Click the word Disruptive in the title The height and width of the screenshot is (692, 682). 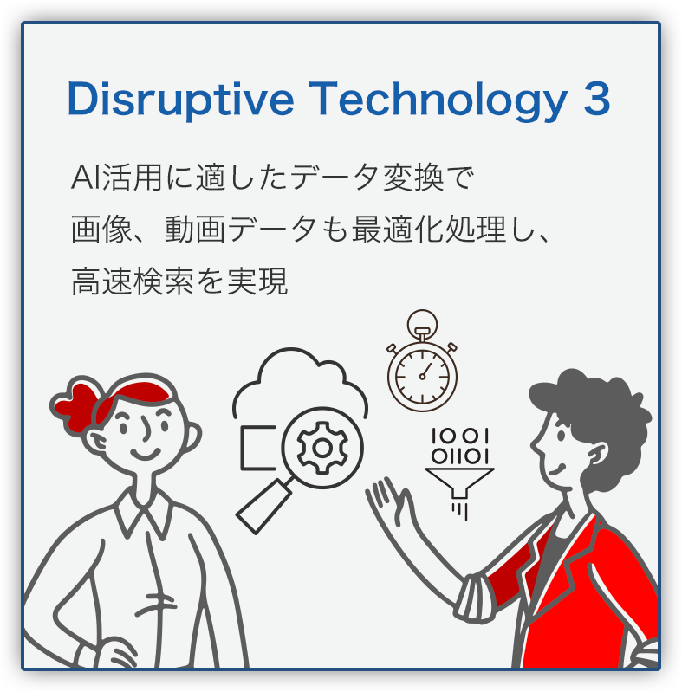click(x=180, y=100)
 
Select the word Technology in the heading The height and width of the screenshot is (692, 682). click(x=438, y=100)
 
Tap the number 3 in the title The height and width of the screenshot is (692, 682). click(x=597, y=99)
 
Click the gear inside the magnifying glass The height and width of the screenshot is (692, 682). click(x=322, y=448)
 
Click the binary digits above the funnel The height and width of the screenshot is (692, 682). click(x=460, y=446)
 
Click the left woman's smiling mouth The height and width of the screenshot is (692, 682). click(x=145, y=453)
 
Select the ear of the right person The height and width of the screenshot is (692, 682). click(x=599, y=455)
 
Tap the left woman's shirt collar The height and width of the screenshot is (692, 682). click(x=142, y=512)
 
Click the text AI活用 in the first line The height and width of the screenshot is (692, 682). click(x=116, y=177)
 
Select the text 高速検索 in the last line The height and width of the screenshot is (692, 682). click(x=133, y=281)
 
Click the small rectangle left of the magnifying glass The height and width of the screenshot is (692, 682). click(x=258, y=448)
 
